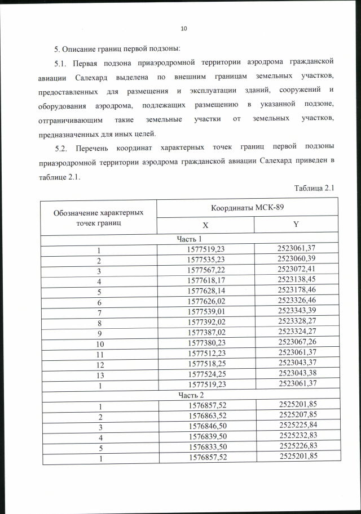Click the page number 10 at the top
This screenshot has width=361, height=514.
[183, 29]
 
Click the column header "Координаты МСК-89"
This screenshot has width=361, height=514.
[247, 207]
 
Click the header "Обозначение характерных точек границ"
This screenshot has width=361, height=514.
[98, 216]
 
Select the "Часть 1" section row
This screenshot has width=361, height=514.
[190, 239]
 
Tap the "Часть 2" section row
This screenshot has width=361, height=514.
[190, 395]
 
